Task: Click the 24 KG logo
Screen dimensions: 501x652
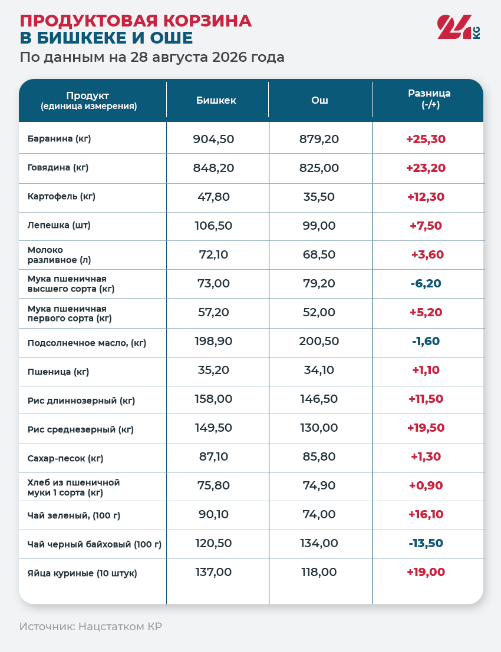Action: click(459, 27)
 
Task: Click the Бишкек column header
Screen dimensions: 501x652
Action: click(216, 100)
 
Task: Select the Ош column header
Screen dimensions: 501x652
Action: click(319, 100)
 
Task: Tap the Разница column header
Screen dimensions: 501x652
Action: click(429, 98)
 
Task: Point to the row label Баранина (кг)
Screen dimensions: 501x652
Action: click(59, 138)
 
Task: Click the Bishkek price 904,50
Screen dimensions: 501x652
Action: click(213, 139)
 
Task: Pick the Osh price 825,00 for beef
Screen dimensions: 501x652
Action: click(319, 168)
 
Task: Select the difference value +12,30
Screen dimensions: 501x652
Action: click(426, 197)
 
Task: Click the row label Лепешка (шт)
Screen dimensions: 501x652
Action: click(59, 226)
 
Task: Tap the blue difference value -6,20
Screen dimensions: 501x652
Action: click(426, 283)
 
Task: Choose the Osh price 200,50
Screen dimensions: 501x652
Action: click(319, 341)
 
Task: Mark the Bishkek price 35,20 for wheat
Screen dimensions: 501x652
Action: click(213, 370)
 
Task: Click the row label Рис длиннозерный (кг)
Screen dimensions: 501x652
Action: click(81, 401)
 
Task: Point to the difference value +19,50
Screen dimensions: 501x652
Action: click(426, 428)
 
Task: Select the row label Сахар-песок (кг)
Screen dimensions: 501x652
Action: click(65, 458)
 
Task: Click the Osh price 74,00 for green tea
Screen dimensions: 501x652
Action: click(319, 514)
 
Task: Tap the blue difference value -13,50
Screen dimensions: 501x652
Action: click(426, 543)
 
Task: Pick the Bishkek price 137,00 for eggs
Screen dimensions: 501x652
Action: click(213, 572)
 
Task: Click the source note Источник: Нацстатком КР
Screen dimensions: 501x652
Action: click(91, 626)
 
